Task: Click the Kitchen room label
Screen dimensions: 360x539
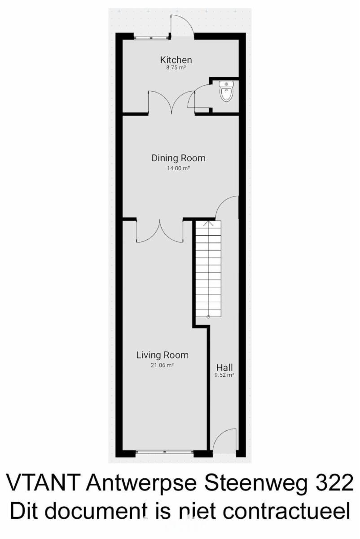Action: [x=176, y=60]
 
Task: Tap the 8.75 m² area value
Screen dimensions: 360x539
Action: [x=176, y=68]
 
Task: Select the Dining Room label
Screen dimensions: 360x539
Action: [x=179, y=158]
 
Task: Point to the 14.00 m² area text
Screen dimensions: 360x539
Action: [x=179, y=168]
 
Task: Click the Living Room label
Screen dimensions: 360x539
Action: [x=162, y=355]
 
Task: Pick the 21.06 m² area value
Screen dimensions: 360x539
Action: [x=162, y=365]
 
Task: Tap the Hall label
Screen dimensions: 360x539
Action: [x=224, y=367]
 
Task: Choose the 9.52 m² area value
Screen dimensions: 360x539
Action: [x=224, y=375]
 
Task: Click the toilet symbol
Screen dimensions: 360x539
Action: [x=226, y=91]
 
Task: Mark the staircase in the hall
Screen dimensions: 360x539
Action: [x=208, y=269]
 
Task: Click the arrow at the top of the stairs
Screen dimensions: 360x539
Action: [x=208, y=224]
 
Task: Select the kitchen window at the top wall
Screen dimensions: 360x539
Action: [x=152, y=38]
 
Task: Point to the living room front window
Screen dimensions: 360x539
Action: [x=165, y=452]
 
